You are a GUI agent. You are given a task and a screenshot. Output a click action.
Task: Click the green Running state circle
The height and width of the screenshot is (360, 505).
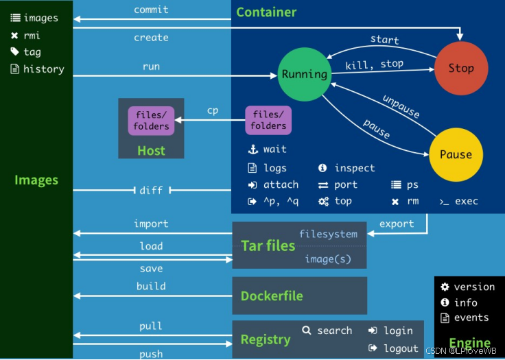click(305, 74)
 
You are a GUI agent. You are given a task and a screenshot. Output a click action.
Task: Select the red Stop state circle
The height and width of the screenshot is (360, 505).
click(460, 68)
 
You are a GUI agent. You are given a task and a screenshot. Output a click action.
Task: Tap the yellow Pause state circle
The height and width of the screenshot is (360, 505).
click(456, 154)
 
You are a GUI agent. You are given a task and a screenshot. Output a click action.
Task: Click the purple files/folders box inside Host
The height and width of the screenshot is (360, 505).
click(151, 121)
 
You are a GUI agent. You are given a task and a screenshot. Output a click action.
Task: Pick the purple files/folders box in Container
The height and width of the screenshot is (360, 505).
click(268, 121)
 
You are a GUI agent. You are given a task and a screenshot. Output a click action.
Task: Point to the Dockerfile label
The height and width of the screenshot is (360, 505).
click(272, 296)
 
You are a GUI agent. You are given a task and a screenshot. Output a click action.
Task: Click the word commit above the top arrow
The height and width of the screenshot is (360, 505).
click(151, 10)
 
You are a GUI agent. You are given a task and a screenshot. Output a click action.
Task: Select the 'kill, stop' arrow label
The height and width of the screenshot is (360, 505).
click(375, 64)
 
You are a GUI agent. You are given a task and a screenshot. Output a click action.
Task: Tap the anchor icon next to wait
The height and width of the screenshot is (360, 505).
click(252, 149)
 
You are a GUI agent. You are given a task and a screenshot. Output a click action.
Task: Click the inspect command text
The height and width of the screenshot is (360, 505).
click(355, 168)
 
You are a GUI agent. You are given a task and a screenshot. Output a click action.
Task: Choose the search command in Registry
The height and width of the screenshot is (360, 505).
click(334, 331)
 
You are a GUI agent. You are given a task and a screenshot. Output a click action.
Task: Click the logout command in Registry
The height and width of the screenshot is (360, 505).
click(401, 348)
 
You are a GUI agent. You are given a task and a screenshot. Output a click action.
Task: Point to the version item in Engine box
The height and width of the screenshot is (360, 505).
click(474, 287)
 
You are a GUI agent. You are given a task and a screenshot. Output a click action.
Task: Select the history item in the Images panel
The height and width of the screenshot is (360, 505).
click(43, 69)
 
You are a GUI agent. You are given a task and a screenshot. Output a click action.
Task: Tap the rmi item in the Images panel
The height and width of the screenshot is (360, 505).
click(32, 36)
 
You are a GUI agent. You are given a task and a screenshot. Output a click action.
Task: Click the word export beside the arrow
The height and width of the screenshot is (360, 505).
click(397, 224)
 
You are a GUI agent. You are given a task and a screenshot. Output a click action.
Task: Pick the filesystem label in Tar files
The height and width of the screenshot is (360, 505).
click(328, 235)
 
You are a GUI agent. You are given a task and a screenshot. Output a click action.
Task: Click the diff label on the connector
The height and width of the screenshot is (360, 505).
click(151, 191)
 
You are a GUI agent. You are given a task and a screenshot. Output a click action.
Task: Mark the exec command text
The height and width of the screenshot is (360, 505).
click(466, 202)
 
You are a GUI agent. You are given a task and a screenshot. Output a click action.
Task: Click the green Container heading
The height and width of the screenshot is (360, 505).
click(266, 12)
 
